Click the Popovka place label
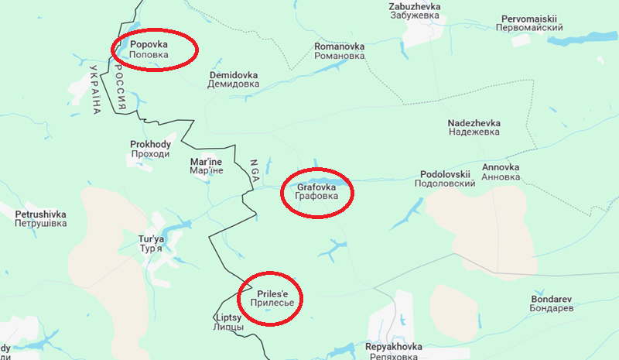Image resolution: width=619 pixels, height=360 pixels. (149, 50)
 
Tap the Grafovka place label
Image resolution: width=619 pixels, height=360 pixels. (316, 191)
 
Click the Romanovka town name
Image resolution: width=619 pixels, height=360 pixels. (339, 51)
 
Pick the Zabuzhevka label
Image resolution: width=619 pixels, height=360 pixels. (414, 12)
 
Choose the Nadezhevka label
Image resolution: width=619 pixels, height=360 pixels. (474, 128)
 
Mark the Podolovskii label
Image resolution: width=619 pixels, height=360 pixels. (446, 179)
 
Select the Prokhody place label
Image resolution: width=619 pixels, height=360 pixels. (150, 149)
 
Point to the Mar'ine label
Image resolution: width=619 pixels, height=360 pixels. (206, 166)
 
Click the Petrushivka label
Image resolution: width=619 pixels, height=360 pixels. (40, 218)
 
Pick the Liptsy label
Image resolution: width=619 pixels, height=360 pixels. (228, 322)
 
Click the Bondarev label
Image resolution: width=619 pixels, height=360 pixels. (552, 303)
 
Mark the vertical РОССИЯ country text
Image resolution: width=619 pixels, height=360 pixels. (120, 86)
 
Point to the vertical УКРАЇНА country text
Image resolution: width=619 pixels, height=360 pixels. (95, 90)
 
